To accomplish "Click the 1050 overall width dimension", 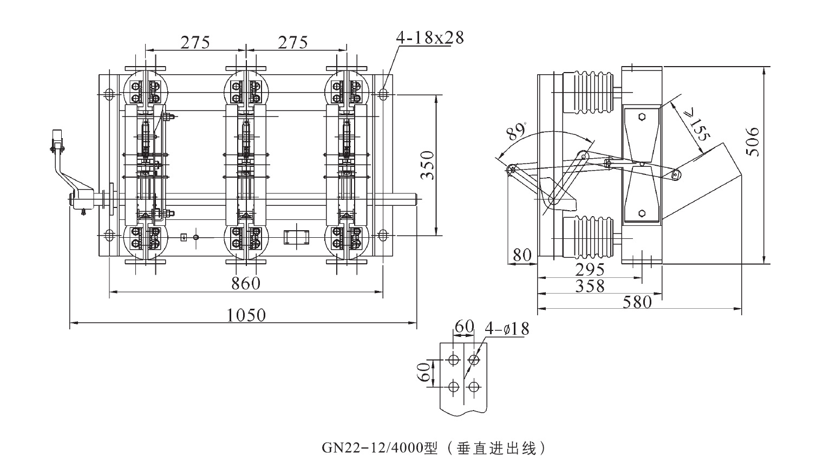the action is pos(246,315).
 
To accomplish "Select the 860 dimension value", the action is pos(246,283).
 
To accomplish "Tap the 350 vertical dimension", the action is pos(427,165).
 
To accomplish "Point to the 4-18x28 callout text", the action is pos(430,38).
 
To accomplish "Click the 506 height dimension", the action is pos(753,141).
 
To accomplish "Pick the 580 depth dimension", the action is pos(637,302).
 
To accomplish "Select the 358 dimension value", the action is pos(590,286).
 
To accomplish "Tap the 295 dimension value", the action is pos(590,270).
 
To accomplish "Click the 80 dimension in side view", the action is pos(522,255).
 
